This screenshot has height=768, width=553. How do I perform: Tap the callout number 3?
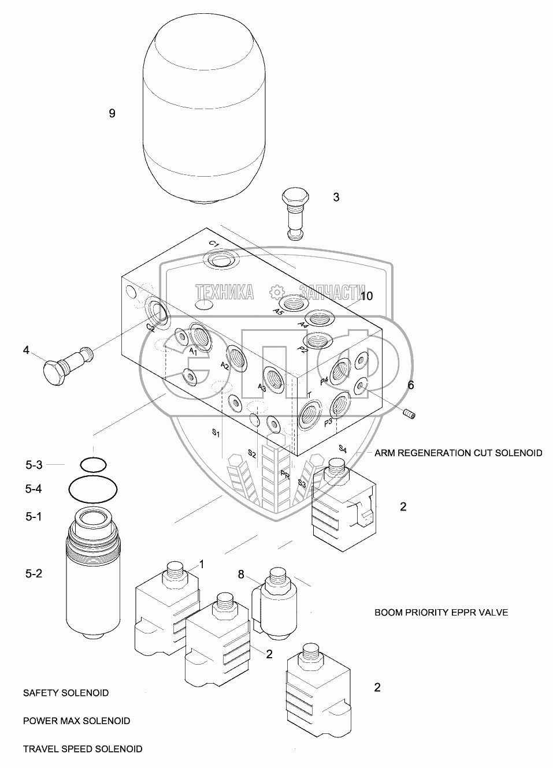click(x=336, y=197)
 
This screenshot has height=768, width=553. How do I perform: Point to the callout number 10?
click(x=366, y=296)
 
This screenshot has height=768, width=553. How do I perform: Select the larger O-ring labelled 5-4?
click(x=93, y=490)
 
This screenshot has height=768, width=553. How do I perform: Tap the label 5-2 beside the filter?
click(x=34, y=573)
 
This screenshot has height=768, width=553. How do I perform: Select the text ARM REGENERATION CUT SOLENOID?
click(x=458, y=453)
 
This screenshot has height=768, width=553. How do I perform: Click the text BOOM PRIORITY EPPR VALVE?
click(x=441, y=612)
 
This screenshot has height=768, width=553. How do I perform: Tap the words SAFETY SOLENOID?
click(x=66, y=692)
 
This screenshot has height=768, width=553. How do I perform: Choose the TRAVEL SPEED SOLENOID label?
click(x=83, y=749)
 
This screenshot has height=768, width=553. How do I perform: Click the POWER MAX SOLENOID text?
click(x=76, y=721)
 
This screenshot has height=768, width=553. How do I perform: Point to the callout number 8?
click(x=242, y=574)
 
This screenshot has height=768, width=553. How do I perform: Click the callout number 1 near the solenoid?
click(x=202, y=563)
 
